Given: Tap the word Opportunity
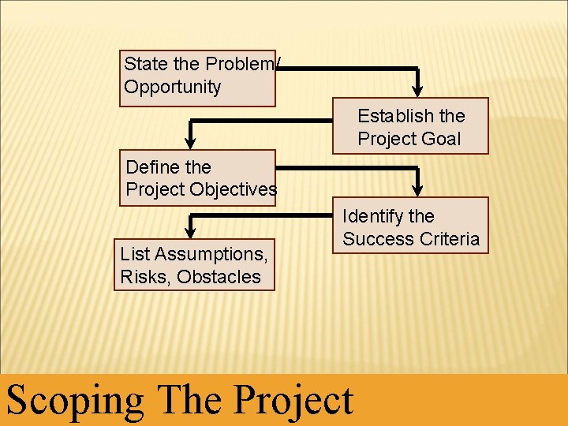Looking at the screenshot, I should click(173, 87).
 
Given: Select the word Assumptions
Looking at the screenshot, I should click(211, 254).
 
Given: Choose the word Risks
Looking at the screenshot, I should click(145, 277).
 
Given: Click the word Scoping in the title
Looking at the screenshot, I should click(76, 400).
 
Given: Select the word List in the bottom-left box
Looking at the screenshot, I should click(135, 254).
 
